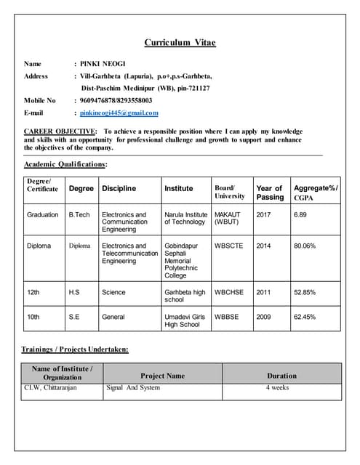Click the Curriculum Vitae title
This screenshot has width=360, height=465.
click(180, 43)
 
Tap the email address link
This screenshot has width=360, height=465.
click(119, 113)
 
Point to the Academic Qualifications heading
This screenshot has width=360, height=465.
click(65, 165)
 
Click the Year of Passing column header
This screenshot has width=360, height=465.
click(270, 193)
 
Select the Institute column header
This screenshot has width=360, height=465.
click(178, 188)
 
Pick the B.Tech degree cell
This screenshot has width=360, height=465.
click(79, 215)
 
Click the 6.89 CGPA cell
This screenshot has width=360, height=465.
click(300, 215)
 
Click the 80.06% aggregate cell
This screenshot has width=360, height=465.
click(305, 246)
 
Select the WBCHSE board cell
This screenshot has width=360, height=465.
click(229, 292)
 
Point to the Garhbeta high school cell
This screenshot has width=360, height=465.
click(185, 296)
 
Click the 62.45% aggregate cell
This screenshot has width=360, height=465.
click(305, 317)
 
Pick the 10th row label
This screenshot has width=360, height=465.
click(33, 317)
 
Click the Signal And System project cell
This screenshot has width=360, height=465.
click(133, 388)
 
